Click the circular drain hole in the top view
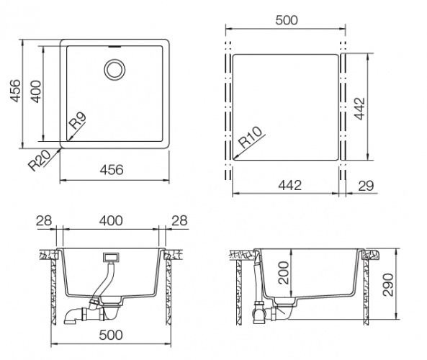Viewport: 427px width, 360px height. tap(114, 69)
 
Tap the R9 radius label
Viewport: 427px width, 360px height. tap(78, 121)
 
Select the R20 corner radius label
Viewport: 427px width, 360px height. tap(40, 161)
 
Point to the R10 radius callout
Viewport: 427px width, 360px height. tap(251, 138)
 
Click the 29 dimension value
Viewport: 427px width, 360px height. tap(366, 186)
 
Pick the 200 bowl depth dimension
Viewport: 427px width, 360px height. tap(284, 273)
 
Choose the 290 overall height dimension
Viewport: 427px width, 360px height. tap(388, 284)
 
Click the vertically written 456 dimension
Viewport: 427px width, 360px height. tap(15, 91)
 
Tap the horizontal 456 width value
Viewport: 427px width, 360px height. tap(112, 170)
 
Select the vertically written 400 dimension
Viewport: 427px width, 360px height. tap(35, 91)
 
